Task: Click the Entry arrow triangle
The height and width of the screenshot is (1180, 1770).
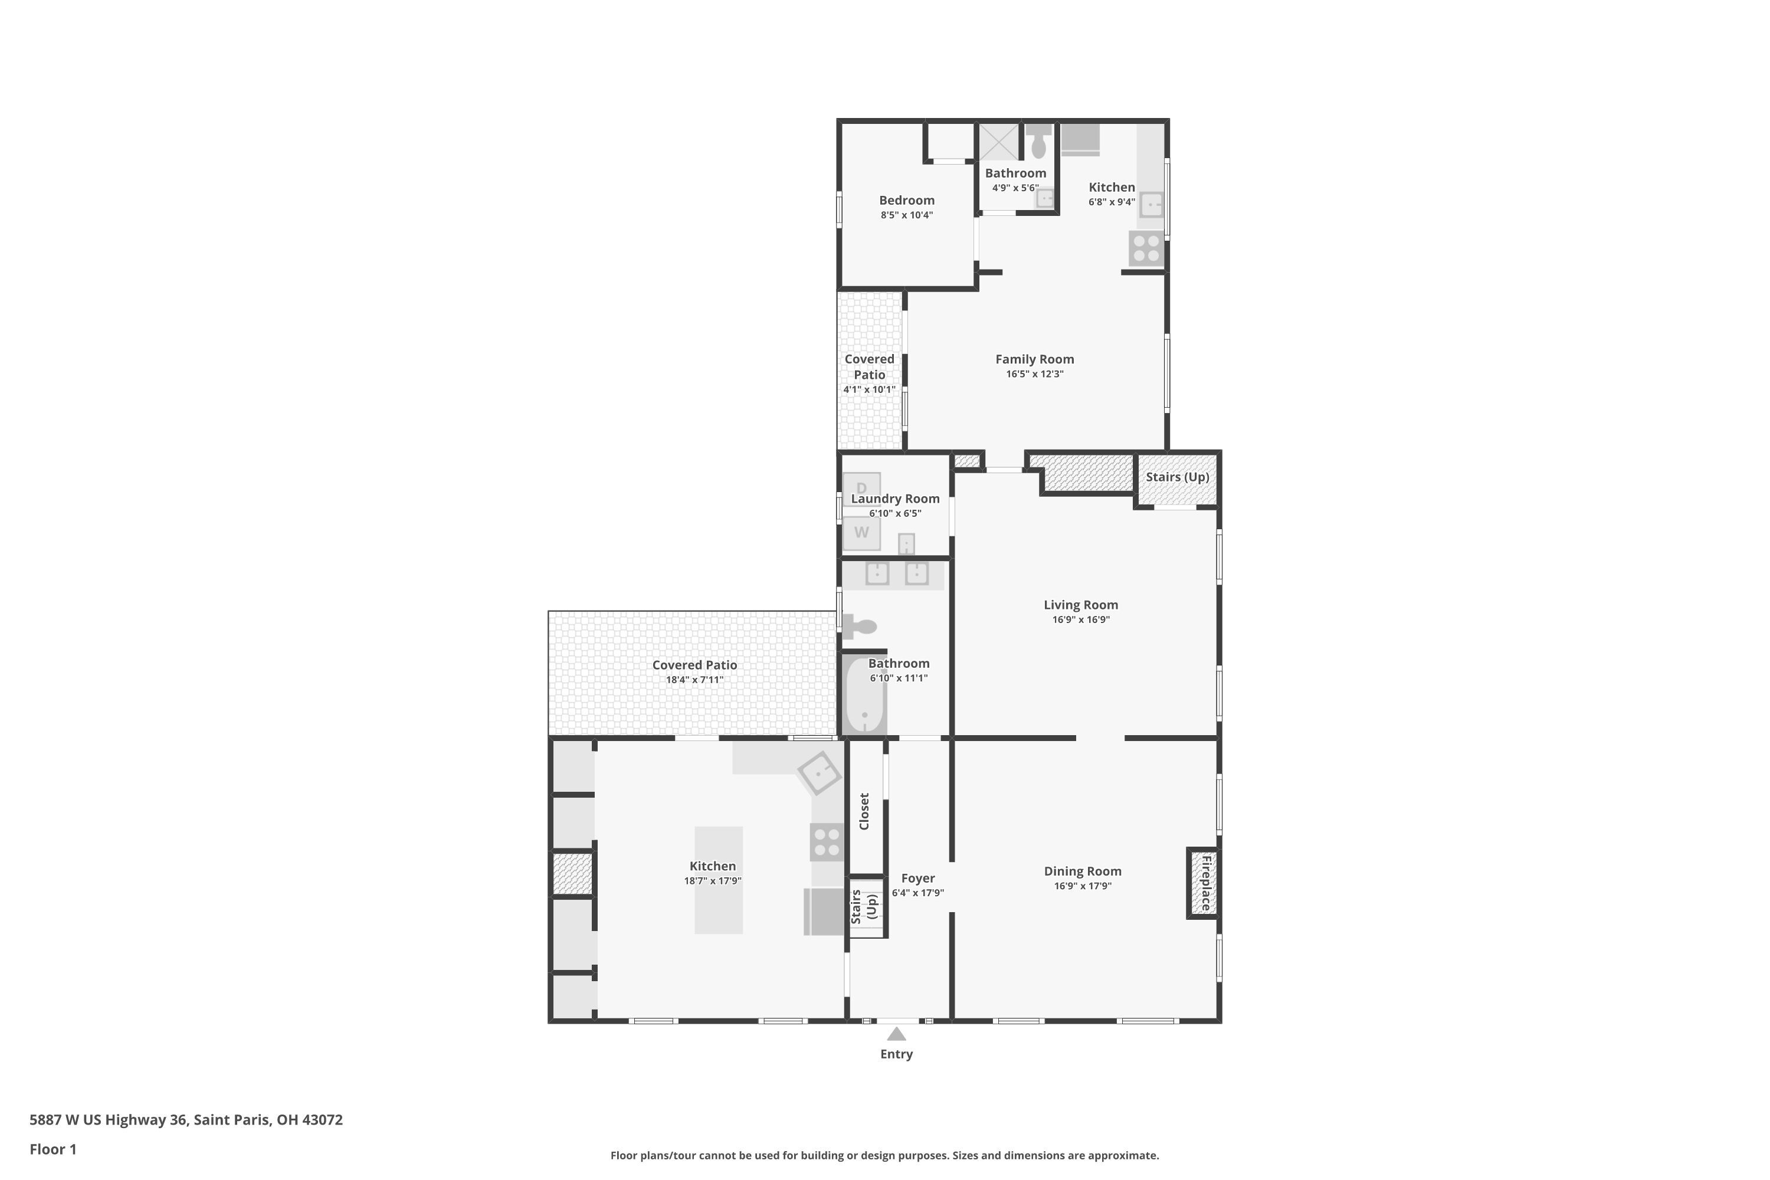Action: [896, 1034]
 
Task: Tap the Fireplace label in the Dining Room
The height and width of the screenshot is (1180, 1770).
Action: [1205, 883]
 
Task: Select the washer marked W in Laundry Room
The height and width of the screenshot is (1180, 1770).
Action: [861, 533]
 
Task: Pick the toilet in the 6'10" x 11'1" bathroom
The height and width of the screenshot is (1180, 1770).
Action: [860, 626]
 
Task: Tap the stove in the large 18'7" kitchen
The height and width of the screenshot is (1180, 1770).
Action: [827, 842]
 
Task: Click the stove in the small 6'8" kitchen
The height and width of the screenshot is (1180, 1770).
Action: [1146, 248]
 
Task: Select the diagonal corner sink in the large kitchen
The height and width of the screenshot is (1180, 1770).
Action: [819, 773]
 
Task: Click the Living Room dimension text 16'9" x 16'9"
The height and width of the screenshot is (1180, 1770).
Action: [1081, 620]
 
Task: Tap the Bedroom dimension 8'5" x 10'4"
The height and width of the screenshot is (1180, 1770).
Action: [907, 215]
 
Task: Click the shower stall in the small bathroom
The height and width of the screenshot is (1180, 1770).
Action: [999, 142]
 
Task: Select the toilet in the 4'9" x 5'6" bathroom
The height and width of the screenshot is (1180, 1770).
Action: [1038, 141]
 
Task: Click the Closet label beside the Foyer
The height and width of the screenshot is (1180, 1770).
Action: [864, 811]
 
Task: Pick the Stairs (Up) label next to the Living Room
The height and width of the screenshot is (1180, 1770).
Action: [1178, 477]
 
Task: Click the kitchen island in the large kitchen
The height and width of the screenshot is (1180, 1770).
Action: [719, 880]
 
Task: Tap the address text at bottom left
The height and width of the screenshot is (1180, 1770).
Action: [186, 1120]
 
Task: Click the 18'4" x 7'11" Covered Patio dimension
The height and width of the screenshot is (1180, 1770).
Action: [694, 680]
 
